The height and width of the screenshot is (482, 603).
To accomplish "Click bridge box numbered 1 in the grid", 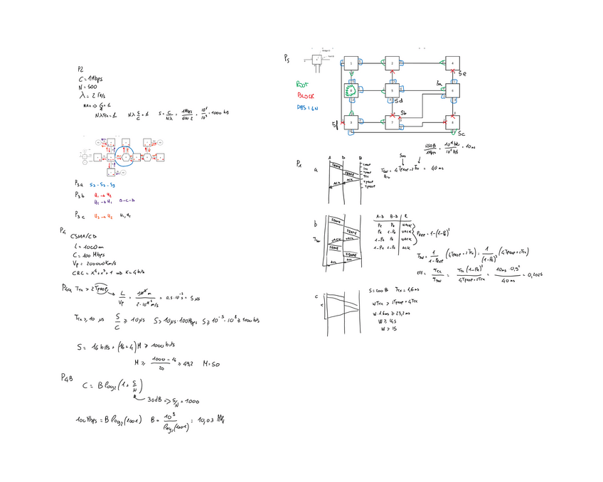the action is click(351, 65).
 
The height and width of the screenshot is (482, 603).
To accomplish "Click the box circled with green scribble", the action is click(351, 91).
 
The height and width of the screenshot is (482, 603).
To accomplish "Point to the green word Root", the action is click(303, 83).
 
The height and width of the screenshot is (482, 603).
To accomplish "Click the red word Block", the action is click(305, 95).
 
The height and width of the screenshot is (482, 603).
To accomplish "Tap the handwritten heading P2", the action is click(81, 69).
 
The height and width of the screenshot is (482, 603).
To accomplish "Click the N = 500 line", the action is click(88, 86).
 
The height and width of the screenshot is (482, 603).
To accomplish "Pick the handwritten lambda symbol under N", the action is click(82, 95).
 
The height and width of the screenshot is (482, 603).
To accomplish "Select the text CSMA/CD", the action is click(84, 235).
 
